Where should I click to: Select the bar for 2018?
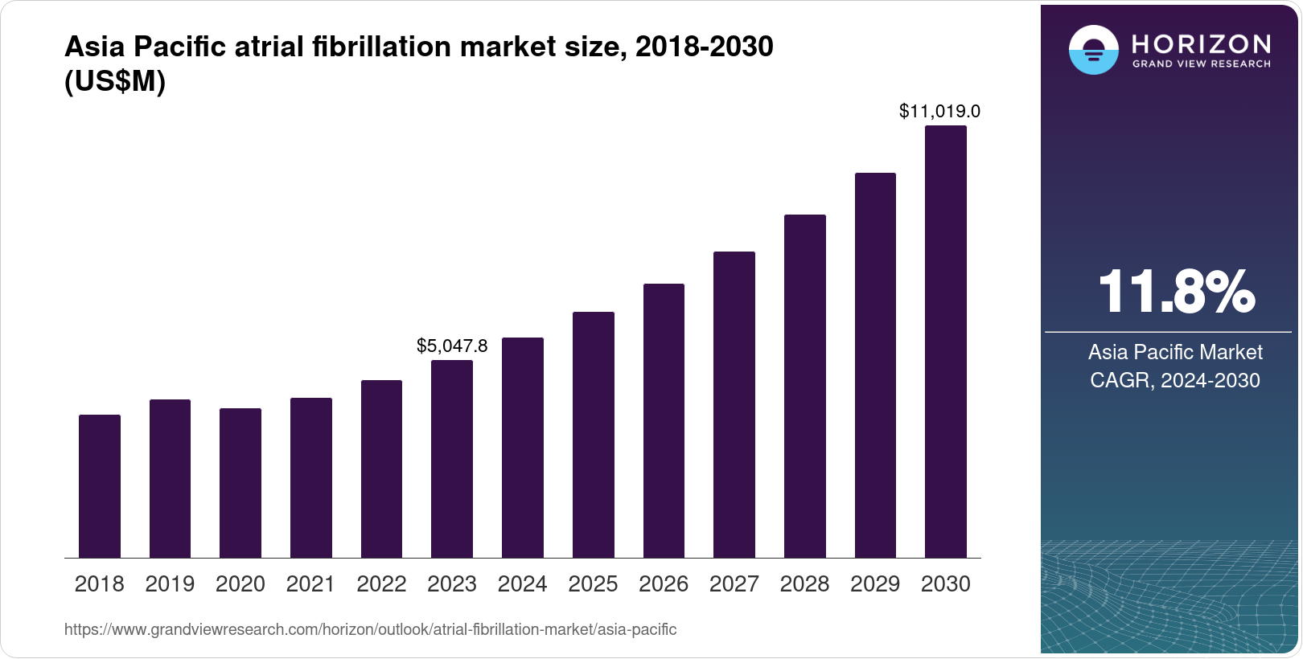(x=100, y=486)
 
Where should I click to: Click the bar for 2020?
(x=240, y=483)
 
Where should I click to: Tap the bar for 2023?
(x=452, y=459)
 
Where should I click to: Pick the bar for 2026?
(x=664, y=420)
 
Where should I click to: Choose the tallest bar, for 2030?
(x=946, y=342)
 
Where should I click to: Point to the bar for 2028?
(x=805, y=386)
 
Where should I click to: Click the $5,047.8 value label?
(x=452, y=346)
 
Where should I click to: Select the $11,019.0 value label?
(x=939, y=111)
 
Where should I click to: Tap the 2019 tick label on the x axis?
(x=170, y=584)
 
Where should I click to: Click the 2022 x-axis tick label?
(x=381, y=584)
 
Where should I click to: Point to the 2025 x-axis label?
(x=593, y=584)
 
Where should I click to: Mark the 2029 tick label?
(x=875, y=584)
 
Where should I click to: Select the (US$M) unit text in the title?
(x=114, y=82)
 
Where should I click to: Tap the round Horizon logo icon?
(x=1093, y=50)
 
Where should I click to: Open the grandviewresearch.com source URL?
(x=370, y=629)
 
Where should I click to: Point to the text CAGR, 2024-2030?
(x=1174, y=380)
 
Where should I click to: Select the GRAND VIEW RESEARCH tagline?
(x=1201, y=63)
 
